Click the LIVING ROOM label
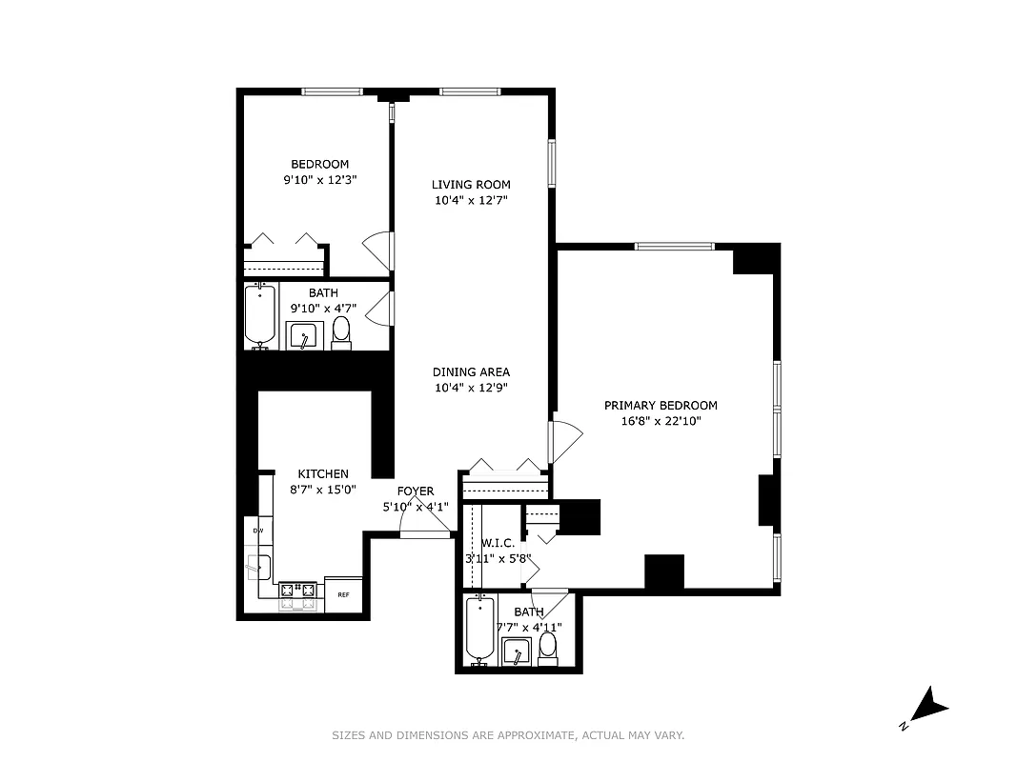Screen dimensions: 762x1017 click(471, 185)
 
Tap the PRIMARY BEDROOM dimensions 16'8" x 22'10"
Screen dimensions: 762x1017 click(661, 420)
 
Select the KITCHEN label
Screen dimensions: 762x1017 click(323, 473)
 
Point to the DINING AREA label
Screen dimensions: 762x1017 click(471, 372)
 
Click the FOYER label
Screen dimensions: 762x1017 click(416, 491)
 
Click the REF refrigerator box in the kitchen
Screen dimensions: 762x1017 click(343, 593)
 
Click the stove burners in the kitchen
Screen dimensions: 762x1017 click(296, 596)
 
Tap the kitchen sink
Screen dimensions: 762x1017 click(257, 567)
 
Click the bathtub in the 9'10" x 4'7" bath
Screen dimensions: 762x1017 click(260, 315)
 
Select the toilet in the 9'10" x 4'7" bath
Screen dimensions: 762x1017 click(341, 331)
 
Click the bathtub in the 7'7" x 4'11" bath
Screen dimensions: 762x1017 click(479, 629)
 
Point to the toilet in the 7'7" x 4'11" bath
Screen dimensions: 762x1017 click(547, 647)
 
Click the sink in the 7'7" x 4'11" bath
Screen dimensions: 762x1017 click(516, 652)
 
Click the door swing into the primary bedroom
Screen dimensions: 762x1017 click(566, 441)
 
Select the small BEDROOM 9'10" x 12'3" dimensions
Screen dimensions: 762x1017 click(320, 179)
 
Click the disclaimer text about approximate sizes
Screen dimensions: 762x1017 click(508, 735)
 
